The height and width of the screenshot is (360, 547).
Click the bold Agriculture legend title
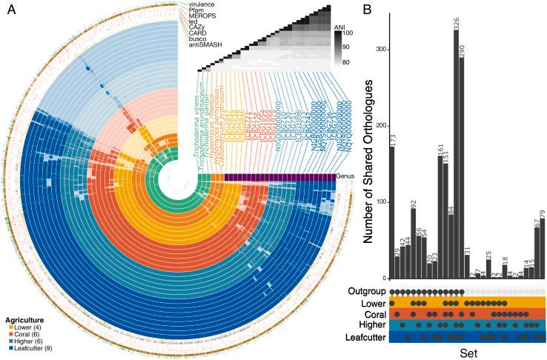pyautogui.click(x=24, y=319)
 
